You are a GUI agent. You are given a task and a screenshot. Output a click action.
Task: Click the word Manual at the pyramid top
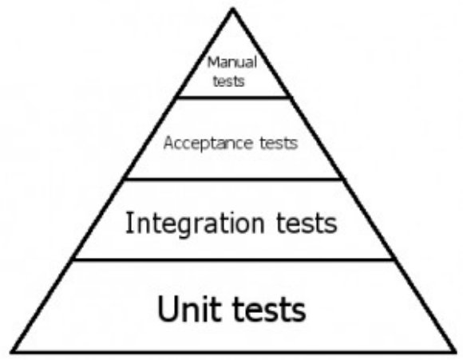point(232,62)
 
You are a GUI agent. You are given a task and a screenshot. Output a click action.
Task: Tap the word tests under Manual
point(229,81)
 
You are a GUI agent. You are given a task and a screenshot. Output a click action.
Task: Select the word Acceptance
point(208,144)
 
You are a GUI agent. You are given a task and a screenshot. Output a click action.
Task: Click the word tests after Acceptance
point(279,143)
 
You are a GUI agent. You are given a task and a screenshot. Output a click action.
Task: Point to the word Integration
point(195,224)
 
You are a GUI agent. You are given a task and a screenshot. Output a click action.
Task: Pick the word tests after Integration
point(307,224)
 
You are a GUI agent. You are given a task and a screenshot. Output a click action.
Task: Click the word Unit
point(189,308)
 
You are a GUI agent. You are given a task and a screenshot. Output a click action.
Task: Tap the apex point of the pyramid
point(232,9)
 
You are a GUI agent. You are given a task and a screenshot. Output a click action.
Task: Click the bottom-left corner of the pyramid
point(12,352)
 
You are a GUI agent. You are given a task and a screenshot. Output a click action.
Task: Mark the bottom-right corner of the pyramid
point(455,352)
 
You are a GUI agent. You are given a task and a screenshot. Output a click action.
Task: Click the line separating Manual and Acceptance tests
point(232,97)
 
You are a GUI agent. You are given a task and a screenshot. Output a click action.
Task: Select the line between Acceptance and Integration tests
point(233,179)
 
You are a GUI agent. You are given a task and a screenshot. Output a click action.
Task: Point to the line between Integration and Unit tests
point(233,259)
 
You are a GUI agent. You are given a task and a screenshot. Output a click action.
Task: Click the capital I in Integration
point(129,223)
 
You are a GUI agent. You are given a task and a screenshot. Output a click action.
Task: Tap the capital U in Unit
point(168,308)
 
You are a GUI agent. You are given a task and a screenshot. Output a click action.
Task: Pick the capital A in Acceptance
point(168,143)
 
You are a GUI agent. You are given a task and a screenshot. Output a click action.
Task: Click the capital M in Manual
point(213,62)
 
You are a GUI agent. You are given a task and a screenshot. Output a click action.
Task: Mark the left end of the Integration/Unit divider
point(73,259)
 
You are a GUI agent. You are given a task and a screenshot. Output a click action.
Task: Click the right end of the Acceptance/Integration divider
point(342,179)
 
